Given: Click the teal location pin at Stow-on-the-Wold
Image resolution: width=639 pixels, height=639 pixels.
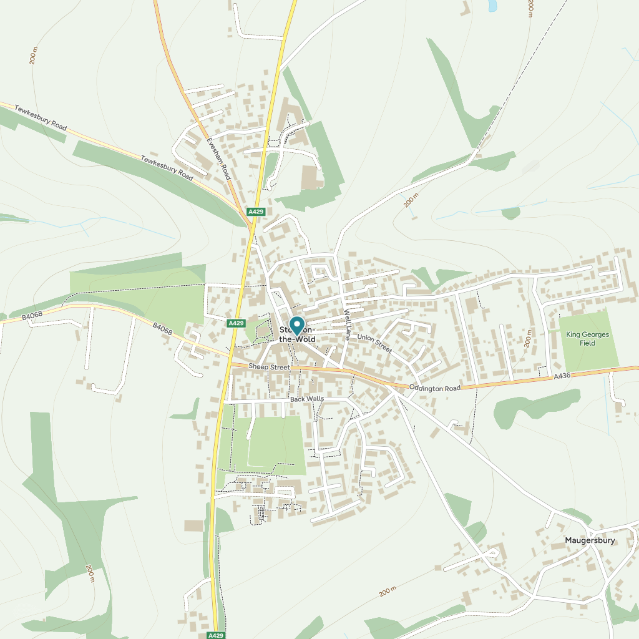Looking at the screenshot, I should point(296,325).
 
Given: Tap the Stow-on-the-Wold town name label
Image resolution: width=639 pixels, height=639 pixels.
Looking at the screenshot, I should point(298,334).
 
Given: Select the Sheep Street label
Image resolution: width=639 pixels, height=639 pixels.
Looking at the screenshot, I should point(269,367).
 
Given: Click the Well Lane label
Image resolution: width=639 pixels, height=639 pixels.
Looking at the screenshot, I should point(348,324).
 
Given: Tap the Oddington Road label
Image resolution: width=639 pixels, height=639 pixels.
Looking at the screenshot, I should point(434,388).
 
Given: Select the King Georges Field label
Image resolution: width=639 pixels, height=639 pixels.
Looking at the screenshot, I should point(587,339).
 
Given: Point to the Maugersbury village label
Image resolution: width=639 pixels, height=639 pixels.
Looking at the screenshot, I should point(590,540).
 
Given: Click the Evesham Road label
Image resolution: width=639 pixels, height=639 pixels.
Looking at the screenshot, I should point(219,159).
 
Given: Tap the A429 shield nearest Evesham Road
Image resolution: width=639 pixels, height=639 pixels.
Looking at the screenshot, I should point(256,212).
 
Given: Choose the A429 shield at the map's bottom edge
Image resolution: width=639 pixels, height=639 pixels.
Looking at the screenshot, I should point(215,635).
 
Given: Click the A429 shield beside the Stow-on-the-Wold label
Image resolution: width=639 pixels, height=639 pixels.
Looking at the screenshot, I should point(236,323).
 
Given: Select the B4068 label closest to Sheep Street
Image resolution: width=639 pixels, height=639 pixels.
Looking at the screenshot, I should point(162,329).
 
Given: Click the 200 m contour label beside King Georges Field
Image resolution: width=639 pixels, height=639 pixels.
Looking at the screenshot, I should point(528,339).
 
